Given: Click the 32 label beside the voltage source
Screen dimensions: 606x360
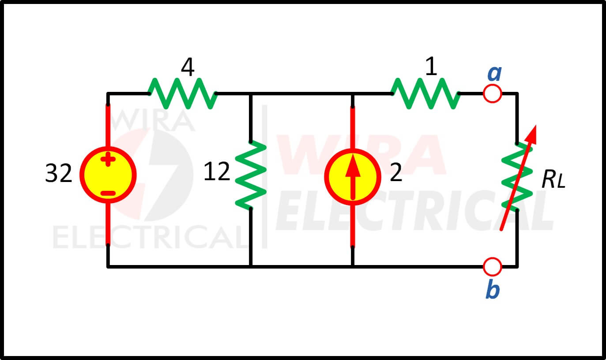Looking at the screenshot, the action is click(x=59, y=173).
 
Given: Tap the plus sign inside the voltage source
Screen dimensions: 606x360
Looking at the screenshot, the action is click(x=108, y=159).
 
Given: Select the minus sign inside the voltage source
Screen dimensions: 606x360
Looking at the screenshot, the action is click(x=108, y=193).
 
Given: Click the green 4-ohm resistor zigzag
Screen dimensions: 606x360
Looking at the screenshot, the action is click(x=183, y=94).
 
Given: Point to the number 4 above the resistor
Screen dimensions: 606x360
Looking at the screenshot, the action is click(x=188, y=67).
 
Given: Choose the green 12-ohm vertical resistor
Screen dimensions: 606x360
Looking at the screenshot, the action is click(x=251, y=175).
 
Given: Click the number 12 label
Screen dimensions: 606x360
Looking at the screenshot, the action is click(x=216, y=171).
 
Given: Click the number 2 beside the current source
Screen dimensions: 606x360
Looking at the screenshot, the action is click(x=396, y=172).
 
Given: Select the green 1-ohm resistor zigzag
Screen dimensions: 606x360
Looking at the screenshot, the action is click(x=425, y=94).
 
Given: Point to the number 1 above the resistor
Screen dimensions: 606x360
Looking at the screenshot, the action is click(x=431, y=66).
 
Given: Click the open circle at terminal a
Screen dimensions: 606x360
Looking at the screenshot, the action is click(x=493, y=94).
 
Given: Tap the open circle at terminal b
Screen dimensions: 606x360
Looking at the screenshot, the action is click(x=493, y=267).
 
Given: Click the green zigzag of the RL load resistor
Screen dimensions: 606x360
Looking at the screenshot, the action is click(x=517, y=177).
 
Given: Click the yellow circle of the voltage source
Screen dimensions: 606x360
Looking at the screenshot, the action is click(x=108, y=175).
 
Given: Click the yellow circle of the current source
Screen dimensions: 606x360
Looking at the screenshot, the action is click(x=353, y=177).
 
